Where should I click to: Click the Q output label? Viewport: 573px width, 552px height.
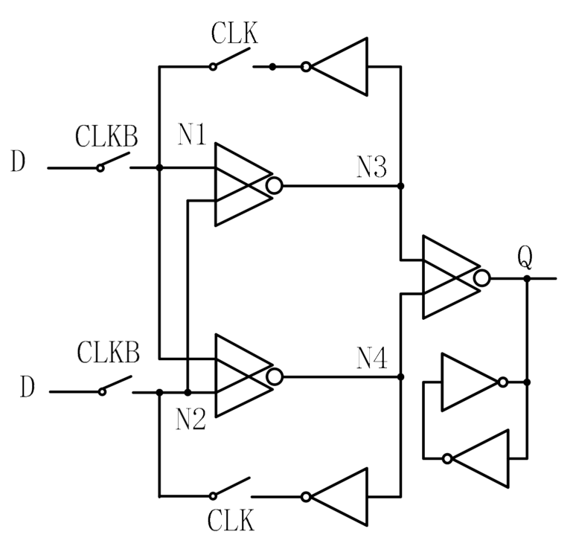coord(525,258)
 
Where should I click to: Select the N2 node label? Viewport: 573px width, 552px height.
coord(191,420)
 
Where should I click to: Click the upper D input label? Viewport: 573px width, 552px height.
coord(19,161)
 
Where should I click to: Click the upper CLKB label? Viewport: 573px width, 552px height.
coord(107,138)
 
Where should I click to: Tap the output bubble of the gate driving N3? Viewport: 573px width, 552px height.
coord(274,185)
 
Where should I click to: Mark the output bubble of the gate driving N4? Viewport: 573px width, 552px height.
coord(275,376)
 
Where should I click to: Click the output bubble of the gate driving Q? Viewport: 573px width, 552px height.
coord(482,278)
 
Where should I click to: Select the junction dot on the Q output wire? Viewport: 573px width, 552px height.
coord(526,278)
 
